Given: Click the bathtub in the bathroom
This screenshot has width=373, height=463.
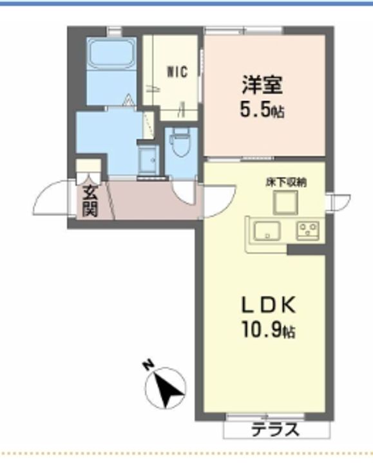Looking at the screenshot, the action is (112, 53).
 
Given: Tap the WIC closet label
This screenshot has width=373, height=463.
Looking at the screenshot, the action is (177, 72).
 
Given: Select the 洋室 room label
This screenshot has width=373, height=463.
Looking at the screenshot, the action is (262, 85).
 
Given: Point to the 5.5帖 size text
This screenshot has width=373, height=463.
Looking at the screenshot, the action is (262, 110).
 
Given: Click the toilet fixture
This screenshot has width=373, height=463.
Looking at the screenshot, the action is (180, 143).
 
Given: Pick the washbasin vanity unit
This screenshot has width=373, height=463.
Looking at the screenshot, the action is (148, 159).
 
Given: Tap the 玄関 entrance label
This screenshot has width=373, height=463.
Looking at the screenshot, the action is (90, 201).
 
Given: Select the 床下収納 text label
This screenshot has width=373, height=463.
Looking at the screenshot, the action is (286, 183).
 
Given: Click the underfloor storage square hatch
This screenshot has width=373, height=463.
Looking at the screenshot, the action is (285, 203).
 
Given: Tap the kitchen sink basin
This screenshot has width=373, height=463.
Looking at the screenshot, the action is (267, 231).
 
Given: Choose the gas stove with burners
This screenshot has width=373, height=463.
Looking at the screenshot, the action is (308, 230).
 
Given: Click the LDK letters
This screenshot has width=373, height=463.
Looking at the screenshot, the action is (269, 305).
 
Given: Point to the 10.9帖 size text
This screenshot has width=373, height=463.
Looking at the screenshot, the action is (269, 330).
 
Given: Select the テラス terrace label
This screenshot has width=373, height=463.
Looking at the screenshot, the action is (275, 430).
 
